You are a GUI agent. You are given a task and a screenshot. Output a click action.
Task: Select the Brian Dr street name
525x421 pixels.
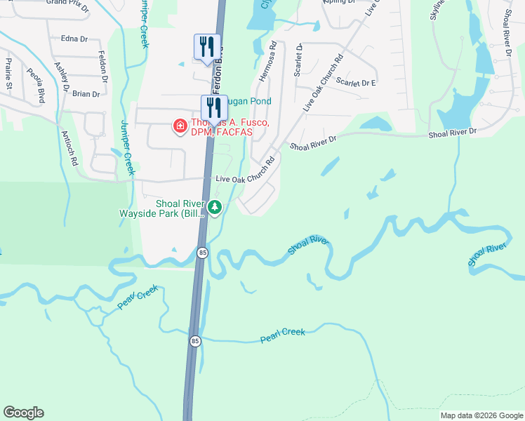tap(86, 93)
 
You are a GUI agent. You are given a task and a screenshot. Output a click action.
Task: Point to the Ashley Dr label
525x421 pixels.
tap(62, 76)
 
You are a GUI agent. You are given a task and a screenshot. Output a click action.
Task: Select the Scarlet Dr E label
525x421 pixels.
tap(356, 82)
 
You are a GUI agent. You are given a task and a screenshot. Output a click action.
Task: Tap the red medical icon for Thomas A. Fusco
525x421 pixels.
tap(180, 126)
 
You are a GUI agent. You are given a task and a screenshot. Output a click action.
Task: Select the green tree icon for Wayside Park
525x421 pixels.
tap(215, 206)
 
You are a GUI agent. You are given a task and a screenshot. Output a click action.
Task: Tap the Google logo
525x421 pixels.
tap(23, 413)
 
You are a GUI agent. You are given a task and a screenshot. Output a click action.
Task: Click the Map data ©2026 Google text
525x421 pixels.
tap(480, 415)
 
